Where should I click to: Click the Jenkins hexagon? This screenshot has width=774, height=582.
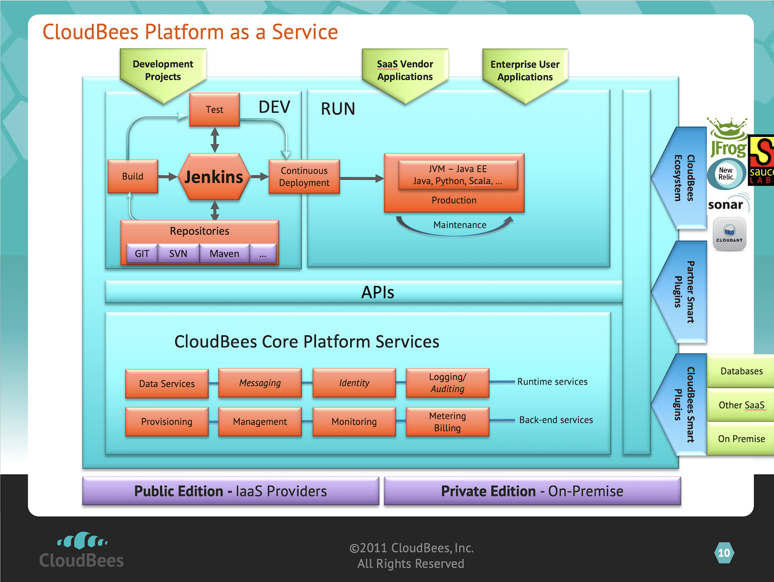(214, 177)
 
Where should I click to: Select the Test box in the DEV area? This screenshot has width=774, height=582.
(214, 110)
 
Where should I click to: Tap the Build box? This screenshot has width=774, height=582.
(133, 177)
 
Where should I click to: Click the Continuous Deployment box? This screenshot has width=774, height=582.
(304, 177)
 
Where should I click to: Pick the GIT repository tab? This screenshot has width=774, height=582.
(142, 254)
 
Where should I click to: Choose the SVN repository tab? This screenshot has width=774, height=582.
(178, 254)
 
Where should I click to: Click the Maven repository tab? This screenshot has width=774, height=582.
(224, 254)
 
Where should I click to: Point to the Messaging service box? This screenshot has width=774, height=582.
(260, 383)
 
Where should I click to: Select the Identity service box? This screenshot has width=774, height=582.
(354, 383)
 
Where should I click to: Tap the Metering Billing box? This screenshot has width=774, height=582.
(447, 422)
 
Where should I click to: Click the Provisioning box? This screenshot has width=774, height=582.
(166, 422)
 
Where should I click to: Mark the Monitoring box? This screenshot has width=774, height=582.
(354, 422)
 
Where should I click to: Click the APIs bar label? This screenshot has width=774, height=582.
(377, 292)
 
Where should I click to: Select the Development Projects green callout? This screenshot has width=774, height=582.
(163, 71)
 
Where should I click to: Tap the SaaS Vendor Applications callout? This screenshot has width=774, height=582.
(405, 71)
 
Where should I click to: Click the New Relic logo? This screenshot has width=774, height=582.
(726, 173)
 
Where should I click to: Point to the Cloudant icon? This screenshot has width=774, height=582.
(729, 234)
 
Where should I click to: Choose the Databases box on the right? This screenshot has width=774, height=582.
(741, 371)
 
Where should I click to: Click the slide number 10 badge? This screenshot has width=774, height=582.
(724, 553)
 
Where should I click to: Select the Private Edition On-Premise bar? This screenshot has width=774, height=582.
(532, 491)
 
